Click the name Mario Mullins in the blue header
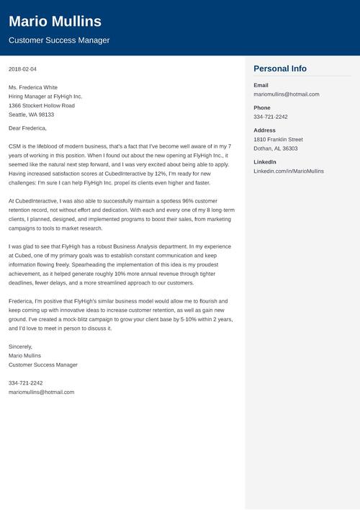pos(55,21)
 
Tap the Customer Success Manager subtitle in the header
pos(59,40)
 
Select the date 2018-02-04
pos(22,69)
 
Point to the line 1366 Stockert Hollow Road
pos(41,105)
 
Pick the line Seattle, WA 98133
pos(31,115)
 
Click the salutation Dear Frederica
pos(27,128)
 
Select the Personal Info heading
pos(280,68)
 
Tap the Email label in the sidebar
pos(261,85)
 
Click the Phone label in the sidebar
pos(262,107)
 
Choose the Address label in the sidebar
pos(264,130)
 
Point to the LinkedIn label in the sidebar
pos(265,162)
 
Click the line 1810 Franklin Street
pos(278,139)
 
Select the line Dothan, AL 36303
pos(275,148)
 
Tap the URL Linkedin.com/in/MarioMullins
pos(289,171)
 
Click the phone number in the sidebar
pos(270,117)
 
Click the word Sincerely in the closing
pos(21,346)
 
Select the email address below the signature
pos(41,392)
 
